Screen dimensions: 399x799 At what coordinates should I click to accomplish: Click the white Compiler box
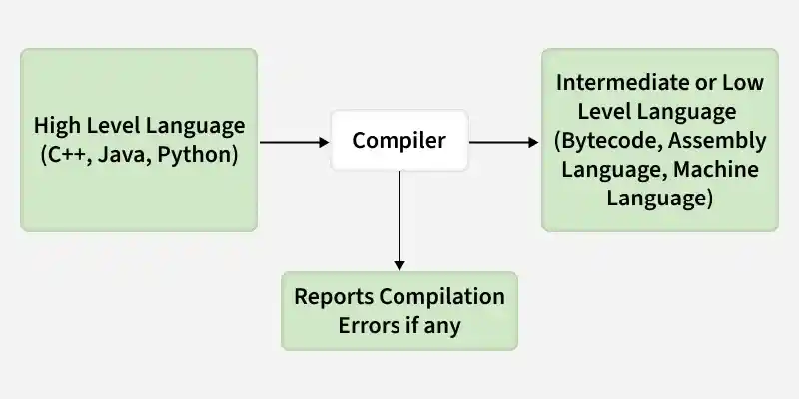click(399, 141)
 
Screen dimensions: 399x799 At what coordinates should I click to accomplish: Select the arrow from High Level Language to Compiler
click(290, 142)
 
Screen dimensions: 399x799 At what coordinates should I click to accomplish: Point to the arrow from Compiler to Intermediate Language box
click(504, 142)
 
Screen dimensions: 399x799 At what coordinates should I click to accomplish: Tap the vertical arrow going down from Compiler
click(399, 219)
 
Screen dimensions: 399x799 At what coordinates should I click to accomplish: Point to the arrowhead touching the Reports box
click(399, 265)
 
